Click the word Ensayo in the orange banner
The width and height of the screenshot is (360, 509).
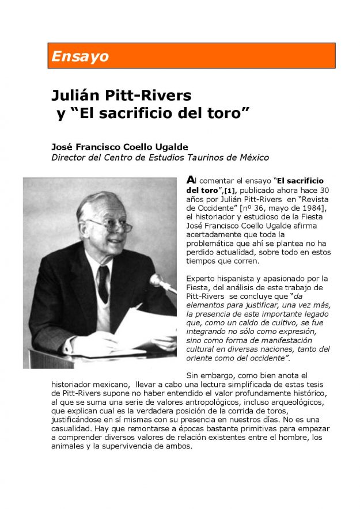coord(79,56)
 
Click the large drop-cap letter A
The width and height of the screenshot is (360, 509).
coord(191,180)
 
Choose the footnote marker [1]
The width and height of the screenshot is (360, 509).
coord(230,190)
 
